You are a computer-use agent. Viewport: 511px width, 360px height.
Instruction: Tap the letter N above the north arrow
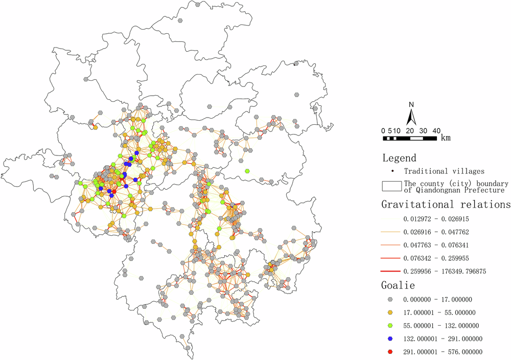(411, 105)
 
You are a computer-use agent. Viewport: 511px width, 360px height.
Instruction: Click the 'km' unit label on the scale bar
(446, 138)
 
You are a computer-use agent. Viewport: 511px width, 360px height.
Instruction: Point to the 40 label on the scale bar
(436, 131)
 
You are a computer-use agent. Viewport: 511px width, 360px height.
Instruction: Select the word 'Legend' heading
(399, 158)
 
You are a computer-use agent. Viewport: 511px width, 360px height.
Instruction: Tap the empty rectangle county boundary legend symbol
(391, 187)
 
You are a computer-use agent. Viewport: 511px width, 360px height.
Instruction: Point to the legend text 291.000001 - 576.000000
(443, 352)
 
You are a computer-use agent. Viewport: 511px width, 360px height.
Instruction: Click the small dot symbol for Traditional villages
(392, 171)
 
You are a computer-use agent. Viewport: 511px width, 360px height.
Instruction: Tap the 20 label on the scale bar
(410, 131)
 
